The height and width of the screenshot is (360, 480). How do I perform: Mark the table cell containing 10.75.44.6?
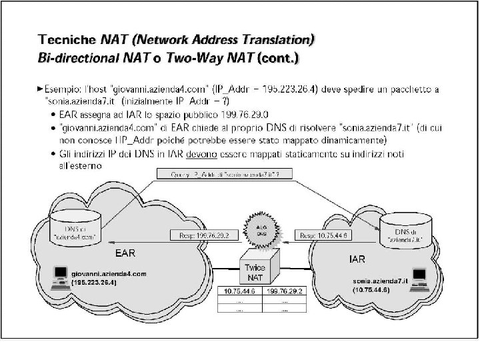(x=240, y=292)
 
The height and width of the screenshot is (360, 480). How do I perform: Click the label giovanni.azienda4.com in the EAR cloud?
(x=108, y=273)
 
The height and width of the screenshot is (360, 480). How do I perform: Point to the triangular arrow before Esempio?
(x=41, y=87)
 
